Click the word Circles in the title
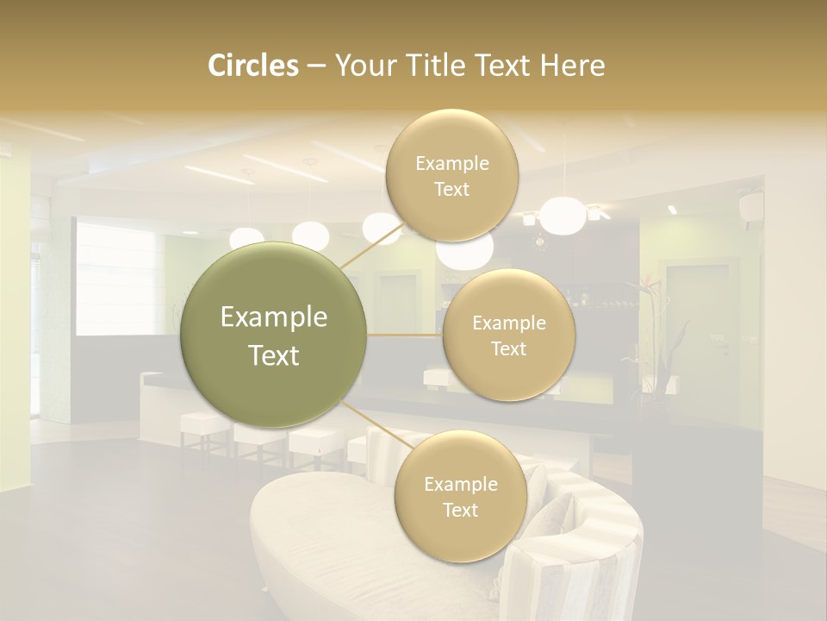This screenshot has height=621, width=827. tap(252, 66)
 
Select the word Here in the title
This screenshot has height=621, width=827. tap(572, 66)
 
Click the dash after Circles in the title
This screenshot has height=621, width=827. tap(315, 66)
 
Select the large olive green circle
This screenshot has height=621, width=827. tap(274, 336)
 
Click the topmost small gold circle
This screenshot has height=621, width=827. tap(451, 176)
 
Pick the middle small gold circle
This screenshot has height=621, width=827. tap(508, 336)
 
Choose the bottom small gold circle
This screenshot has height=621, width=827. tap(460, 497)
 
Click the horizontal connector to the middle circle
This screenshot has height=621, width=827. tap(405, 336)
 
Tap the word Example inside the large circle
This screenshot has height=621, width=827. tap(274, 317)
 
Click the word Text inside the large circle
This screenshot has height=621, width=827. tap(274, 355)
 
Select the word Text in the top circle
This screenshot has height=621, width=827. tap(451, 189)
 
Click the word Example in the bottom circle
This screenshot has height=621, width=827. tap(460, 485)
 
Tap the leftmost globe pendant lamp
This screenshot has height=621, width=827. tap(247, 236)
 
